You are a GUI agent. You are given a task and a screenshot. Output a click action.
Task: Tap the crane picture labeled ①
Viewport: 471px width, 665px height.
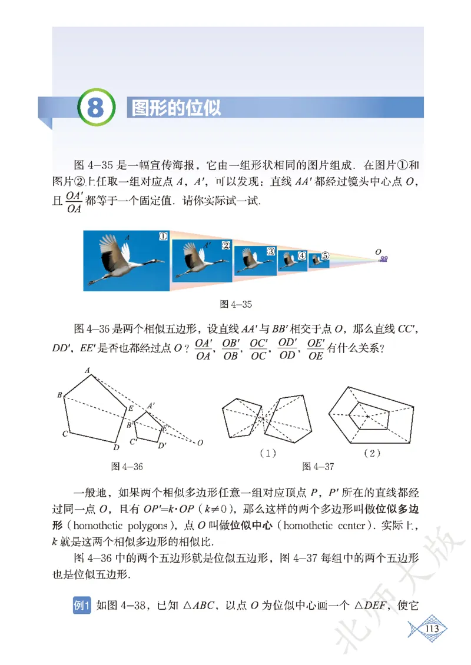pyautogui.click(x=127, y=260)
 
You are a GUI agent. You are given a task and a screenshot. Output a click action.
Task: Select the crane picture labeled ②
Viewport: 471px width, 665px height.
pyautogui.click(x=201, y=260)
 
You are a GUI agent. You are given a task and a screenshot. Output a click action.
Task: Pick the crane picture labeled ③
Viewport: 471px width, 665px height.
pyautogui.click(x=255, y=260)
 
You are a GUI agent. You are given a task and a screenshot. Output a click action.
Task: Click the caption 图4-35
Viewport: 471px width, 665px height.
pyautogui.click(x=235, y=304)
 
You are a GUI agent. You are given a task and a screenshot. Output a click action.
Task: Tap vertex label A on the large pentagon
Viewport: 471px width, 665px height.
pyautogui.click(x=87, y=370)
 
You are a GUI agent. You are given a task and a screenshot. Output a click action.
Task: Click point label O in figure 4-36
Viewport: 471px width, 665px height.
pyautogui.click(x=201, y=443)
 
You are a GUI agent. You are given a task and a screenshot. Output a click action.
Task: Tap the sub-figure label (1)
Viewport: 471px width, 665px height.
pyautogui.click(x=268, y=453)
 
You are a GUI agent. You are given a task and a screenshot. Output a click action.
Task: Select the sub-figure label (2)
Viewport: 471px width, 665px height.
pyautogui.click(x=372, y=453)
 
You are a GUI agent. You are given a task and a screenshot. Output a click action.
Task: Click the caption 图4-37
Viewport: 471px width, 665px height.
pyautogui.click(x=318, y=467)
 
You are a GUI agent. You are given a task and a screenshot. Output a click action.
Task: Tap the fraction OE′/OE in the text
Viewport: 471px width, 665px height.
pyautogui.click(x=316, y=350)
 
